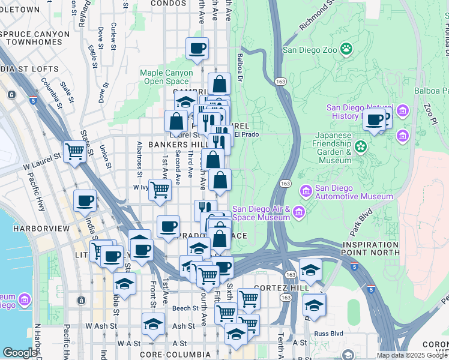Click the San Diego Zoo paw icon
346,49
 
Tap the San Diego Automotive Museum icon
306,191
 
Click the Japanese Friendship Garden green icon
360,146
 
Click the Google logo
20,353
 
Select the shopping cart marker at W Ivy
160,189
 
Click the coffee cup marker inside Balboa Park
375,119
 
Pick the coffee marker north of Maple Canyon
196,49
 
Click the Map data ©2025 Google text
412,355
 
